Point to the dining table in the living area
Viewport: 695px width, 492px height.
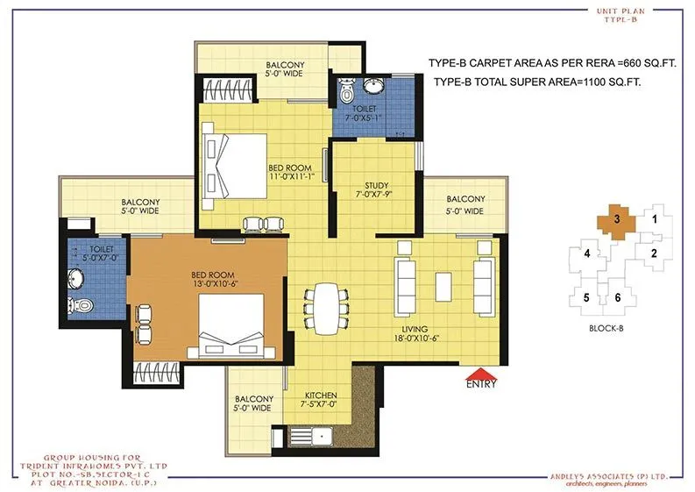(325, 303)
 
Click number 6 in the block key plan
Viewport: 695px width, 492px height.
(618, 297)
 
